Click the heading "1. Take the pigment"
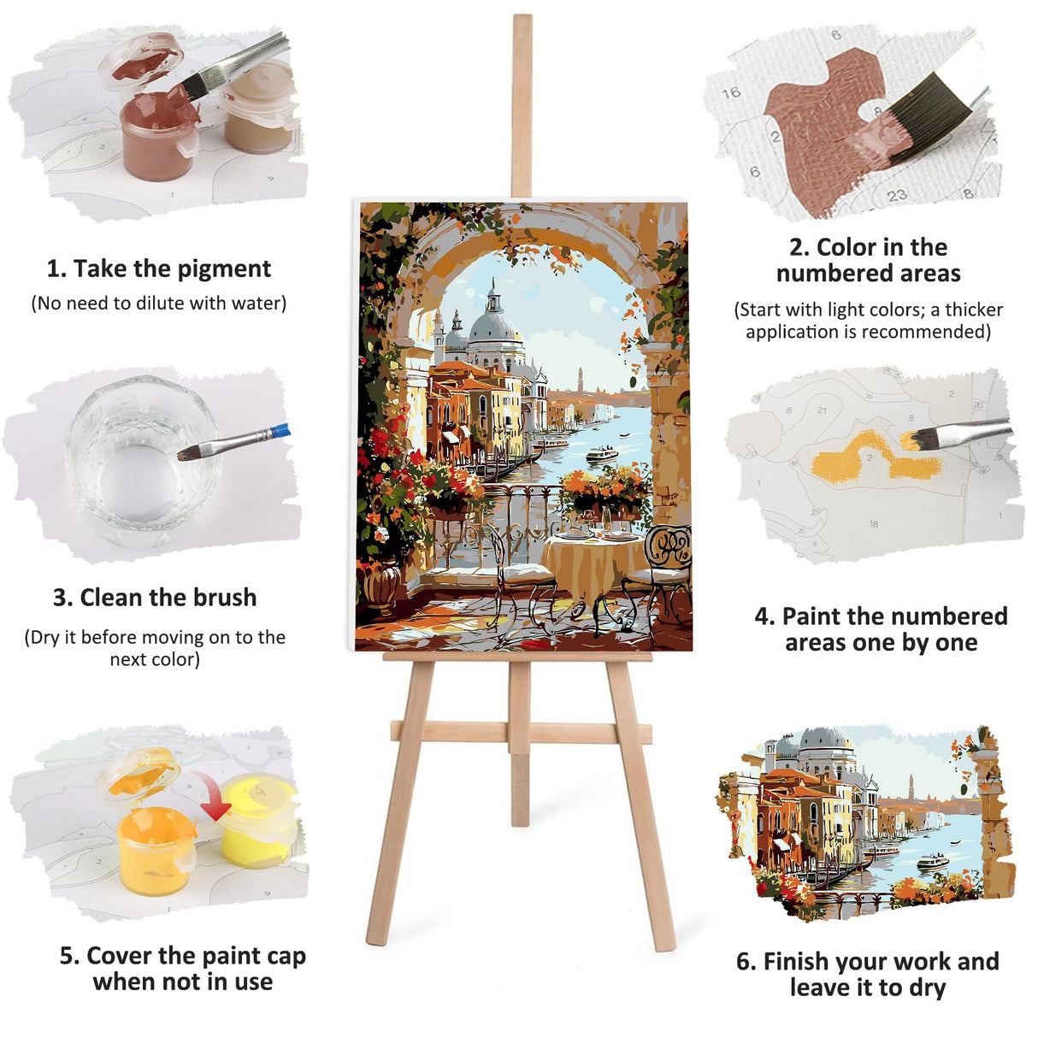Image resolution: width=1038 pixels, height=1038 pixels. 158,268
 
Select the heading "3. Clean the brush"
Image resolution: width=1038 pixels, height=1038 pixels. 155,597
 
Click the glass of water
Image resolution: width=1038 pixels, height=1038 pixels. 137,462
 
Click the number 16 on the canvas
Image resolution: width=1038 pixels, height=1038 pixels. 730,92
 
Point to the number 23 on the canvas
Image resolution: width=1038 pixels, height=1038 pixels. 896,195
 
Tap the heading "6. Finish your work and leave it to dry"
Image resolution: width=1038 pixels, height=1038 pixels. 867,974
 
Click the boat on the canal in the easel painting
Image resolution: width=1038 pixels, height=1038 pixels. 601,454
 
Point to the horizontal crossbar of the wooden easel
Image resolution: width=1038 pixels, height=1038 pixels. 520,733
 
